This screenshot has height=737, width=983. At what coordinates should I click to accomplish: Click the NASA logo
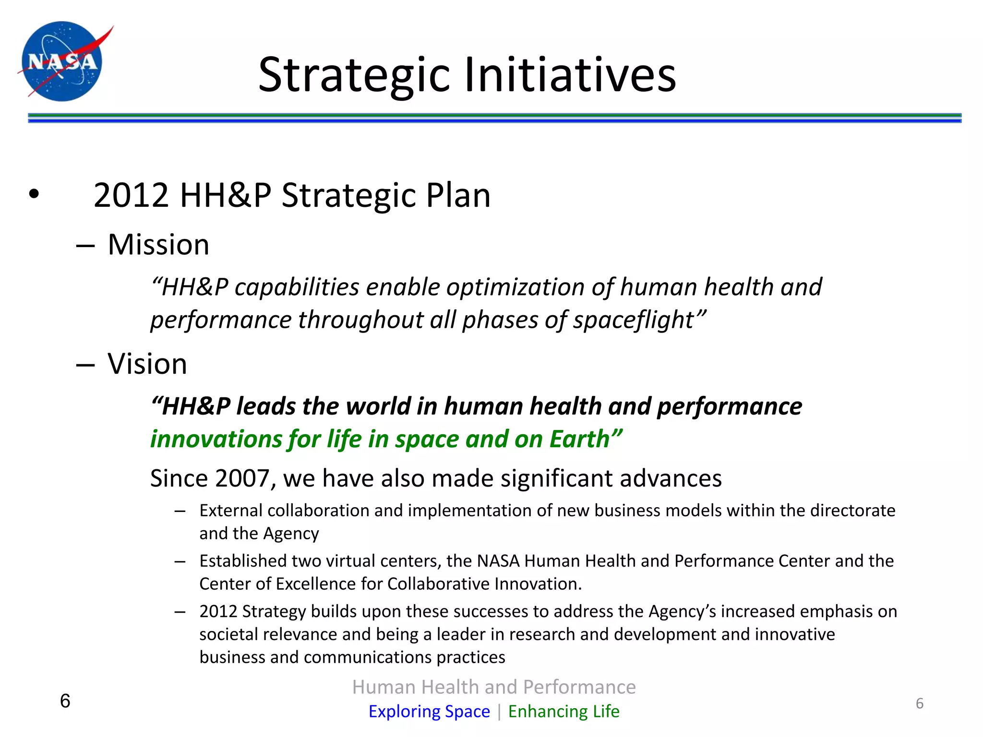(62, 61)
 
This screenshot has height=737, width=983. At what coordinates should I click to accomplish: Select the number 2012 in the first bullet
(131, 195)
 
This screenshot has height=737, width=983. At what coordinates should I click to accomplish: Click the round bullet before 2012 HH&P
(34, 194)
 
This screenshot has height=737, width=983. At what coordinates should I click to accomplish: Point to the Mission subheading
(158, 245)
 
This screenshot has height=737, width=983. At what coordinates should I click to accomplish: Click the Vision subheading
(147, 364)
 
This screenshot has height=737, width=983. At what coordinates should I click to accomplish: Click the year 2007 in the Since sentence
(242, 478)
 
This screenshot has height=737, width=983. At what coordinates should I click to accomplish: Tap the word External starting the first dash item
(231, 511)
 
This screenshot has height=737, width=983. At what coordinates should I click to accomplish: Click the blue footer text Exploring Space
(429, 711)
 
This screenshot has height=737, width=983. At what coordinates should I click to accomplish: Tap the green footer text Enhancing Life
(563, 711)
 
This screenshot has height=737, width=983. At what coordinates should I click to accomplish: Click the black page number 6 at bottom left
(65, 701)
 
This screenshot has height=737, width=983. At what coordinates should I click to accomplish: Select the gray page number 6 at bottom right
(919, 703)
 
